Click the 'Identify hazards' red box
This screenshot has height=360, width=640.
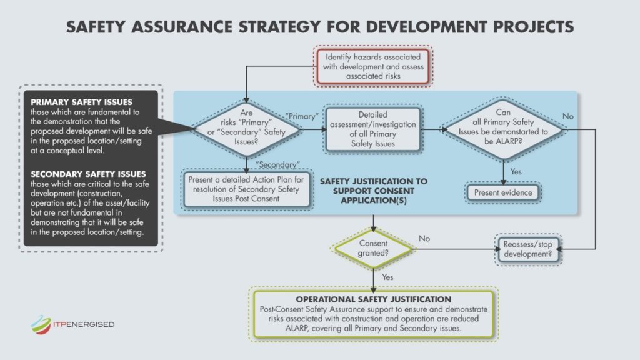[373, 66]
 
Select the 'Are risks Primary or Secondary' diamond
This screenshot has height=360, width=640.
[246, 129]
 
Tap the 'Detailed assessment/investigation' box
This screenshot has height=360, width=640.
[373, 129]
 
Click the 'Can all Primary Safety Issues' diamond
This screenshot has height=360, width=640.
[503, 129]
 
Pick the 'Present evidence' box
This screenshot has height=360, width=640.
[503, 192]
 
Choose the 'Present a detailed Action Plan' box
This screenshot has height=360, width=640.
[246, 189]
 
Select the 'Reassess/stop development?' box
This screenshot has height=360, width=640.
[527, 249]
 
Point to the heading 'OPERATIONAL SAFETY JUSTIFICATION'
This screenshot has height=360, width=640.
[374, 299]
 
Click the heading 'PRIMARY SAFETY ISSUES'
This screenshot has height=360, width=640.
[82, 102]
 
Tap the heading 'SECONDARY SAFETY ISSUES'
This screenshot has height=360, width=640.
[88, 174]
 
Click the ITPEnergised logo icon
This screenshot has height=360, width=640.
[41, 325]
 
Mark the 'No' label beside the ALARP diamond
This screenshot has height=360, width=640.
[567, 116]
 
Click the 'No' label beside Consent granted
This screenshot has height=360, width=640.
[424, 238]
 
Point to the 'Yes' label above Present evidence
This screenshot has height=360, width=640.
[516, 172]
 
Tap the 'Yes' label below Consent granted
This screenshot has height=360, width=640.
[387, 277]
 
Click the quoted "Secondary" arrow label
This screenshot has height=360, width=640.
[277, 164]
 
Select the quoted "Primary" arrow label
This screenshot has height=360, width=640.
[302, 116]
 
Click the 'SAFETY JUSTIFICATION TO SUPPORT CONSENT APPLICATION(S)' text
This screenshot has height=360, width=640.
[374, 191]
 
